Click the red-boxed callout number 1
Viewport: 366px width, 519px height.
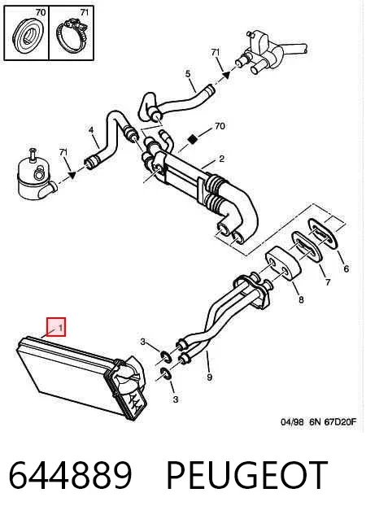[x=60, y=327]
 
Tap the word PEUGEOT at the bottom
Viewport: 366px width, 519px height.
[x=246, y=475]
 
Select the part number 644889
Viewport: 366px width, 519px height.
[x=70, y=475]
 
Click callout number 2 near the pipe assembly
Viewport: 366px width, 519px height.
[x=221, y=159]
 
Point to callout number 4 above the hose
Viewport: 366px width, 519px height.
[x=91, y=130]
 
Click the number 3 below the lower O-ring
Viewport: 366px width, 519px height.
[x=176, y=399]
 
